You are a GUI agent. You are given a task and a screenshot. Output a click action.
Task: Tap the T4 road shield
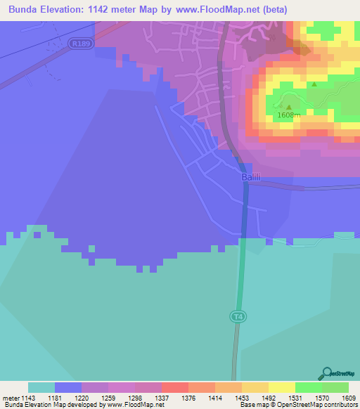(238, 317)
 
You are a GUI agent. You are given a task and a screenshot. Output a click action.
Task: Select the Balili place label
(251, 177)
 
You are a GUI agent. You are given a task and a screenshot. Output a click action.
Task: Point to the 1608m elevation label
(289, 115)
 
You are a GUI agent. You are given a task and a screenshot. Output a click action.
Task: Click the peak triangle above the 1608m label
(289, 107)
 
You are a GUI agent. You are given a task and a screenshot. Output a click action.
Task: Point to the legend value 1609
(349, 397)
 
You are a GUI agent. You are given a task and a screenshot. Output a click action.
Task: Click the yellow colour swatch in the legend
(281, 387)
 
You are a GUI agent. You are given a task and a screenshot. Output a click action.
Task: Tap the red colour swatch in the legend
(174, 387)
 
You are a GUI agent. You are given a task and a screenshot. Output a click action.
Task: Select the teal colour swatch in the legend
(41, 387)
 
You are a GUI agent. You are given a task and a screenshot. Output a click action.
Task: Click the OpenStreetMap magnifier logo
(326, 373)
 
